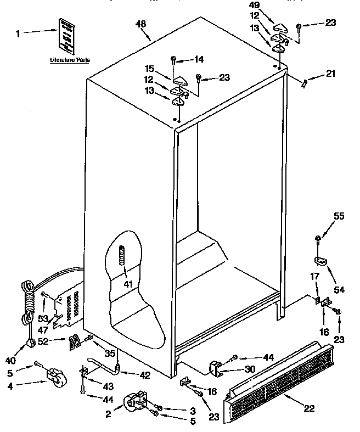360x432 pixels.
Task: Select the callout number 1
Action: click(x=18, y=33)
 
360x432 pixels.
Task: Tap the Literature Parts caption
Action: click(x=70, y=59)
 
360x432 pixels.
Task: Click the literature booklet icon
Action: click(x=66, y=35)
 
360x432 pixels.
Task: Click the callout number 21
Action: click(x=329, y=73)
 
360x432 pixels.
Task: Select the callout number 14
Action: click(x=199, y=58)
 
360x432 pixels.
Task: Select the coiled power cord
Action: click(x=27, y=307)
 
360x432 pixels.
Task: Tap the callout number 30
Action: click(x=249, y=369)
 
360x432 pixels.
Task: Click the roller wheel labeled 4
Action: click(x=55, y=378)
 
